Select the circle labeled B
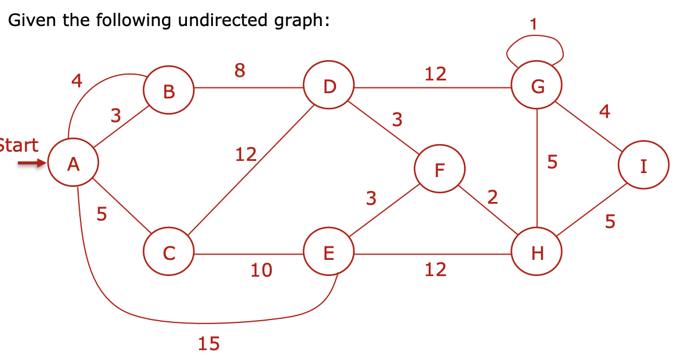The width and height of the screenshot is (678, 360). pyautogui.click(x=168, y=90)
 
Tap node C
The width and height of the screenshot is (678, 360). pyautogui.click(x=168, y=253)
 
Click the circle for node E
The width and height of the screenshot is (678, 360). pyautogui.click(x=329, y=253)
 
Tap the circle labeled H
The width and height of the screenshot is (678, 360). pyautogui.click(x=537, y=253)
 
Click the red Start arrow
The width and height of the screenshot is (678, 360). pyautogui.click(x=30, y=164)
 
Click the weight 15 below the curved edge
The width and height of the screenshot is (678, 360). pyautogui.click(x=209, y=344)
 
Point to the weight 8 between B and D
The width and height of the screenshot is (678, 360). pyautogui.click(x=240, y=71)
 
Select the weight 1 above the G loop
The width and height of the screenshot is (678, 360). pyautogui.click(x=533, y=24)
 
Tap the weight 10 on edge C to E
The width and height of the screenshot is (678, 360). pyautogui.click(x=261, y=270)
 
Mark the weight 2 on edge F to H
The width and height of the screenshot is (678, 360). pyautogui.click(x=492, y=197)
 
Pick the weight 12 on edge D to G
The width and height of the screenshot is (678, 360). pyautogui.click(x=435, y=74)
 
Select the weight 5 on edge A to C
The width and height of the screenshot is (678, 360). pyautogui.click(x=101, y=214)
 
